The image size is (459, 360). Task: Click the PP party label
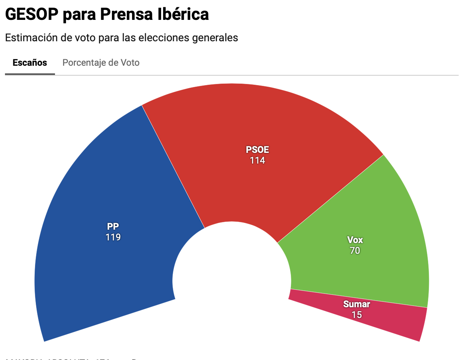113,226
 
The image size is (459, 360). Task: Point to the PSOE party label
257,149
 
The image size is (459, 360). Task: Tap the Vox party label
355,240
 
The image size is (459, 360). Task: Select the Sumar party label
357,304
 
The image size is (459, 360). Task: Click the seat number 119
113,237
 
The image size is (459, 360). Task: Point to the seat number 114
257,161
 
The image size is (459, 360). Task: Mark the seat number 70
355,251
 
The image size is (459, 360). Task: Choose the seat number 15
357,315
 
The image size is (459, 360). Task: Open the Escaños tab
30,63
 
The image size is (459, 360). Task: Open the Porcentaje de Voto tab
101,63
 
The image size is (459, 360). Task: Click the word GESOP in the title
32,15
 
